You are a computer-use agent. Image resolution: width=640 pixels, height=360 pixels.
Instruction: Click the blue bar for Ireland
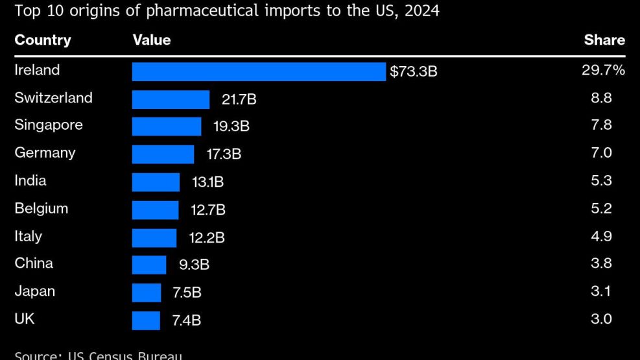coord(259,71)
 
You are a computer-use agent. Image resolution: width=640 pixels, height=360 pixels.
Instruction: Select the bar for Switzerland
coord(171,99)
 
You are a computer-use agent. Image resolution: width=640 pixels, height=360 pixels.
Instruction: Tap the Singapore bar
coord(167,126)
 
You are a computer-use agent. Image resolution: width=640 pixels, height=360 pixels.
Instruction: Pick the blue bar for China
coord(149,265)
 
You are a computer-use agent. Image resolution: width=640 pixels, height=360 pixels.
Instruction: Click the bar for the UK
coord(146,320)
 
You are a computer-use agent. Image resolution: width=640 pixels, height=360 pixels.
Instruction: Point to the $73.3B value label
coord(414,71)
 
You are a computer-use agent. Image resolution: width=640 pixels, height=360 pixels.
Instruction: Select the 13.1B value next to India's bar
coord(207,182)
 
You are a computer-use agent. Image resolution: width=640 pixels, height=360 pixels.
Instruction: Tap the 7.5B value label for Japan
coord(187,293)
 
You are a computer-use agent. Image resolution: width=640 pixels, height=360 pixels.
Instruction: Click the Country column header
coord(42,40)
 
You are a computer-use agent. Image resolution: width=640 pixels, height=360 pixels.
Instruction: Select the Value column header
coord(152,40)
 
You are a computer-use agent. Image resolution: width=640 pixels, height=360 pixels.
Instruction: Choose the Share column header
coord(604,40)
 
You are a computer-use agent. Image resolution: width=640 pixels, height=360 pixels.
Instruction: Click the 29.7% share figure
coord(603,70)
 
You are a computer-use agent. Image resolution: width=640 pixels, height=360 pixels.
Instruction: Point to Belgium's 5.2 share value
coord(601,208)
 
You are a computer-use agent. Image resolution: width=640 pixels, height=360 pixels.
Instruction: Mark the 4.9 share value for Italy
coord(601,236)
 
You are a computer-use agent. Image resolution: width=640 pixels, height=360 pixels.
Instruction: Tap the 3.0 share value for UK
coord(601,319)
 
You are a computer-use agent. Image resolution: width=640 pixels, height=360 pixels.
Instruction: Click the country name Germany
coord(45,153)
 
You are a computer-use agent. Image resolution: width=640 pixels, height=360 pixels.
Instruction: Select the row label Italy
coord(28,236)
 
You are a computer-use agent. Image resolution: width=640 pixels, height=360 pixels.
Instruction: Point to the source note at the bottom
coord(98,355)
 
